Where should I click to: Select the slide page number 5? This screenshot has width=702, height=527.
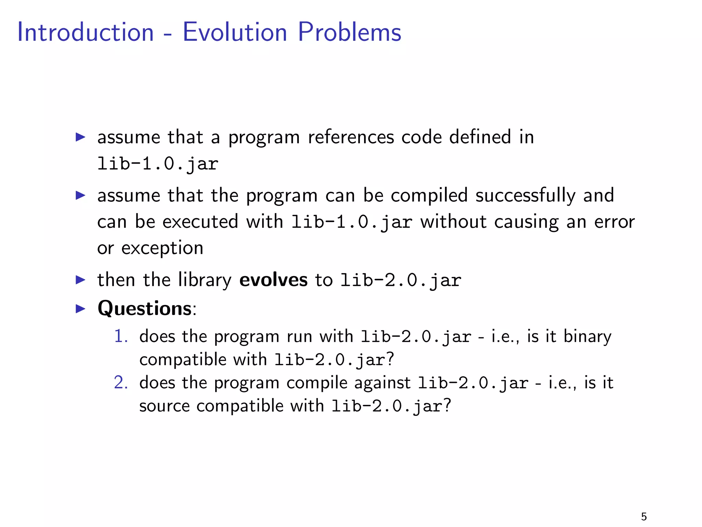(644, 516)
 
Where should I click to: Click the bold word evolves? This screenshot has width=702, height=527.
(273, 280)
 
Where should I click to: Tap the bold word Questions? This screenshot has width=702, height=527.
(144, 308)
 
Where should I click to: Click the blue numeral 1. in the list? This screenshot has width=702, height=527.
(121, 336)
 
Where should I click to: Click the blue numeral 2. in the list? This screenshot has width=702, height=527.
(121, 383)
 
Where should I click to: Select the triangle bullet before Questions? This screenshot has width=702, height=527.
(80, 308)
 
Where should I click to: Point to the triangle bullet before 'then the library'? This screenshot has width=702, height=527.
(80, 280)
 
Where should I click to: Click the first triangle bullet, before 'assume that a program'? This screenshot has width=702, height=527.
(80, 137)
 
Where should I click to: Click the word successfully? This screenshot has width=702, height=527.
(525, 196)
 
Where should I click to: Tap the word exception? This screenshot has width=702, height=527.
(162, 248)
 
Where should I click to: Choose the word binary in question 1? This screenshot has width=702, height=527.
(587, 336)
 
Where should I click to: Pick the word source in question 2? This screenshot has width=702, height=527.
(164, 406)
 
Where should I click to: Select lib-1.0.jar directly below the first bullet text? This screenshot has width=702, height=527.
(158, 164)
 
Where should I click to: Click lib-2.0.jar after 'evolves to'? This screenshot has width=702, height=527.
(401, 280)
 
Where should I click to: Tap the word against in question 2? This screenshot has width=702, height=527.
(382, 383)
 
